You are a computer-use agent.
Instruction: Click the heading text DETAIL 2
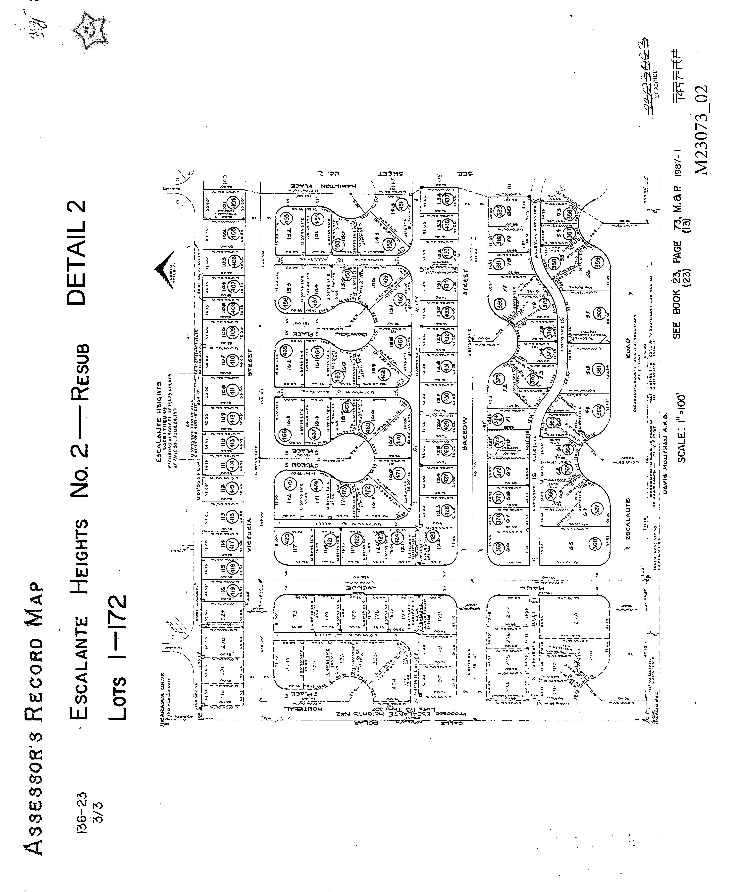76,253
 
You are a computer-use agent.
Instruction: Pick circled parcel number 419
232,591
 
